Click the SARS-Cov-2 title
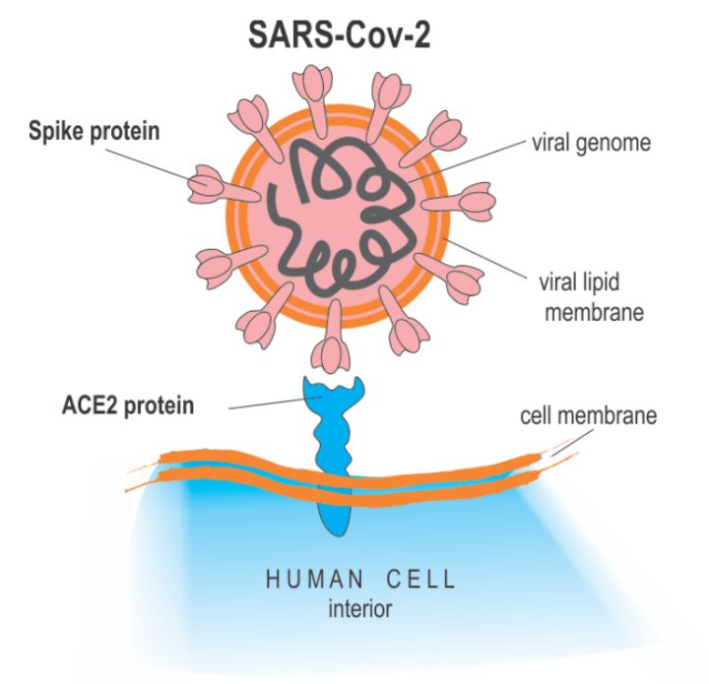(339, 35)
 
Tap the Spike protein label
(95, 132)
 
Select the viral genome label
(592, 144)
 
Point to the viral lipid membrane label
(591, 297)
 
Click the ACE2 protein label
(128, 405)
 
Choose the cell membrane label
(588, 415)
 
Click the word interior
(360, 608)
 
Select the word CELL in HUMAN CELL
(420, 580)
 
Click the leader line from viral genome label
(467, 160)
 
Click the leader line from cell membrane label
(571, 442)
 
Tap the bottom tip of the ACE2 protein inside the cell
(335, 534)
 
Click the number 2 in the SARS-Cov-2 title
(421, 35)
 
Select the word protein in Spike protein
(125, 133)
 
